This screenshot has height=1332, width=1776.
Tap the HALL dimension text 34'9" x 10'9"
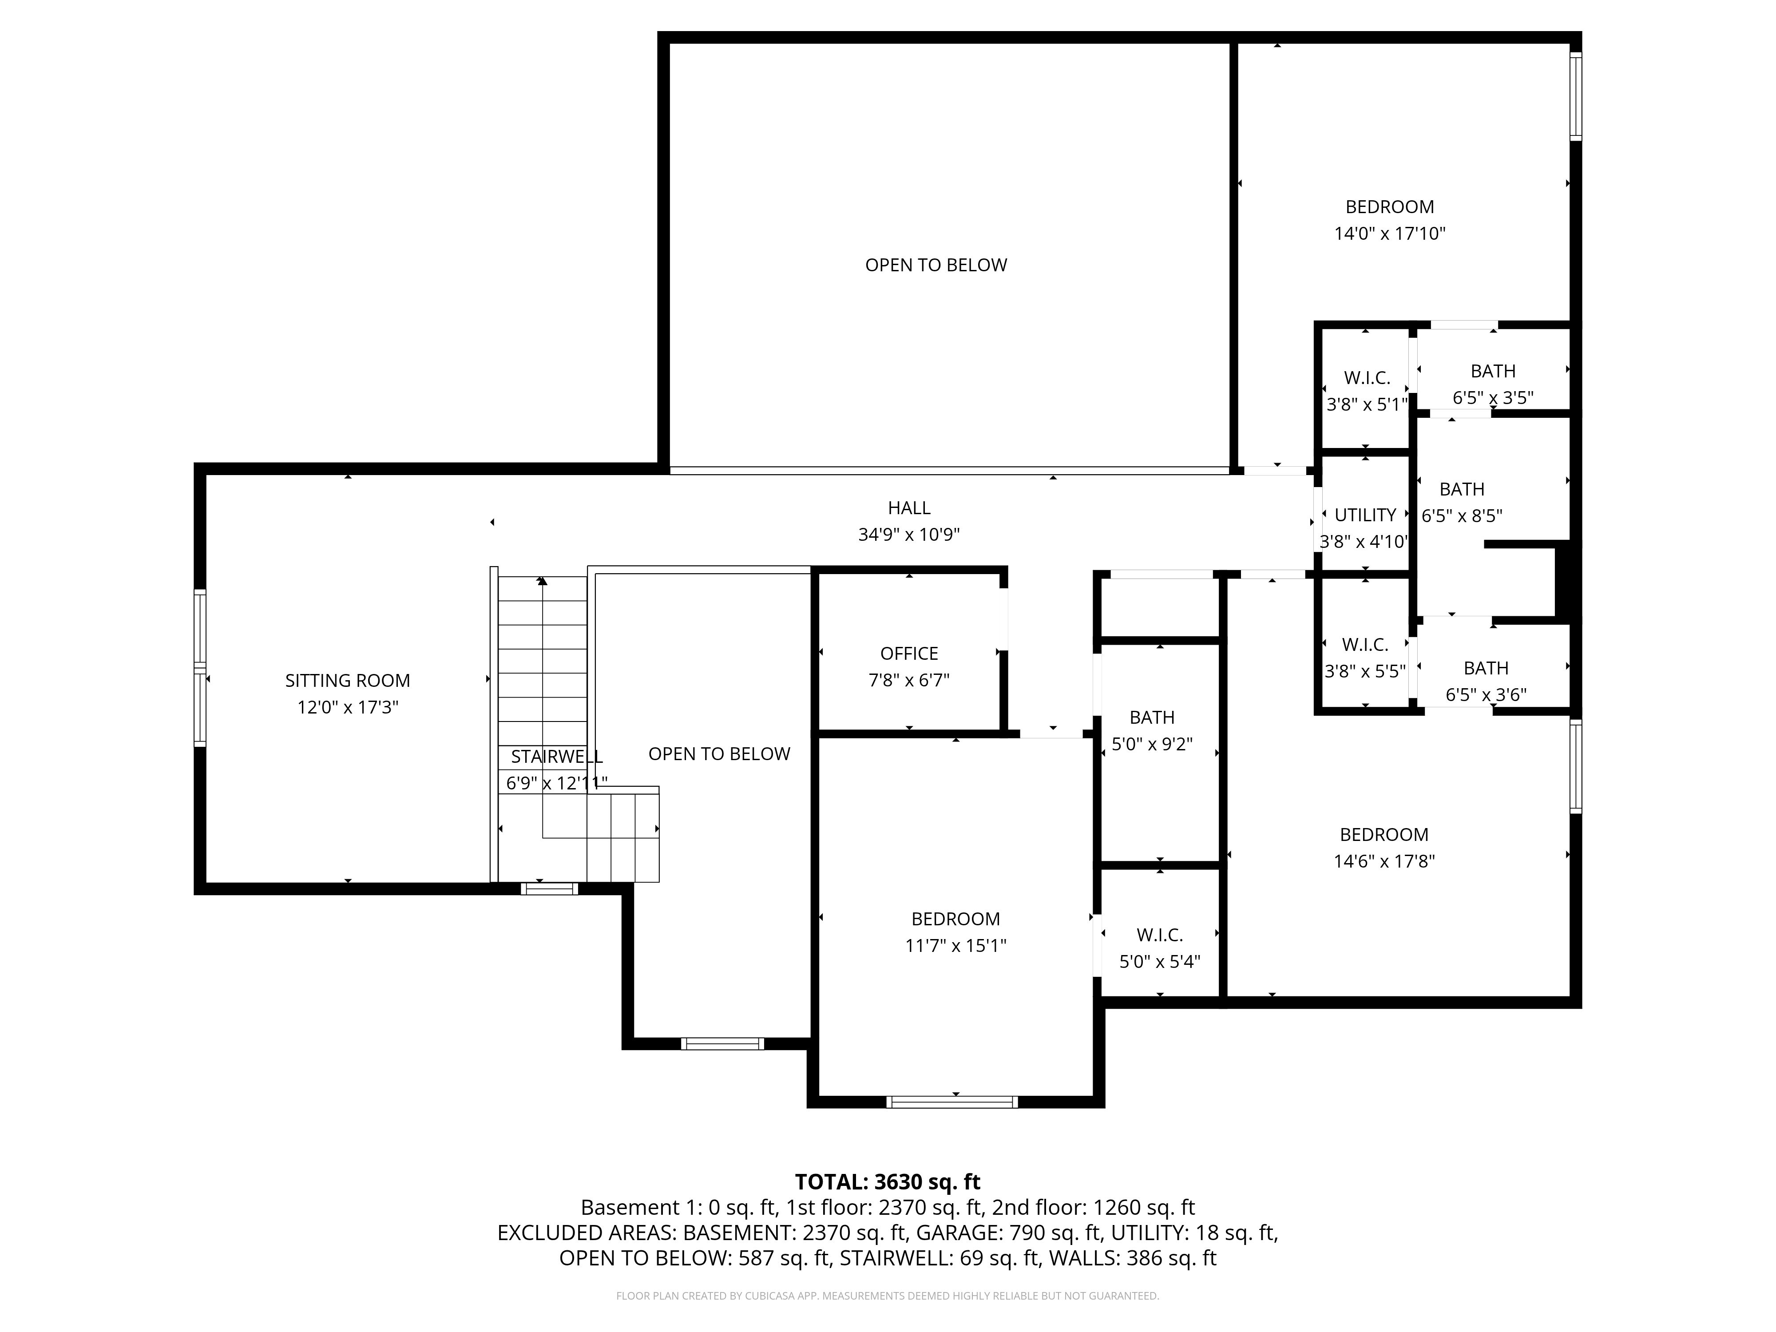(909, 535)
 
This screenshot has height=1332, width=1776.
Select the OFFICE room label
(909, 654)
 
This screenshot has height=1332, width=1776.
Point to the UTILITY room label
(1365, 515)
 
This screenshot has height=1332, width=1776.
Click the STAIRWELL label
(556, 756)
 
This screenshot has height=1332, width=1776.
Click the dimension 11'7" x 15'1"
(955, 946)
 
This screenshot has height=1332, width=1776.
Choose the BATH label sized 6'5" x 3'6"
(1485, 668)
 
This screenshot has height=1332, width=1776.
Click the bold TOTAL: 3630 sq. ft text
(887, 1182)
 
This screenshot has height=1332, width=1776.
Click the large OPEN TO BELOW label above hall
(936, 265)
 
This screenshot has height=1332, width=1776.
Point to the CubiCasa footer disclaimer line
(887, 1296)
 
